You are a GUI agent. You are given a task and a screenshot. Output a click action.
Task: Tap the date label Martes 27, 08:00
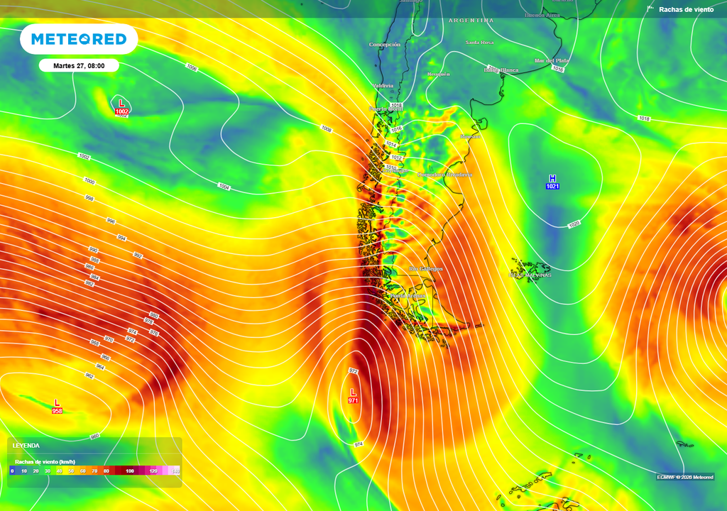tap(79, 65)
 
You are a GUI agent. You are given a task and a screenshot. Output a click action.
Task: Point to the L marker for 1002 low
tap(121, 104)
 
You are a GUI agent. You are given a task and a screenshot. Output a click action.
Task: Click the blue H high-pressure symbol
tap(552, 178)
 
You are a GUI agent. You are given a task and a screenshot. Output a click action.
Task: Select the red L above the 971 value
tap(353, 392)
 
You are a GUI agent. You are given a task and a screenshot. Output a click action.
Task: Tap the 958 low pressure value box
tap(57, 411)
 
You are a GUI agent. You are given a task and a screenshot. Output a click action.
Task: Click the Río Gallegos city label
tap(426, 269)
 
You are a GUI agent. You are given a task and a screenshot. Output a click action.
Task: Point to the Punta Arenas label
tap(408, 295)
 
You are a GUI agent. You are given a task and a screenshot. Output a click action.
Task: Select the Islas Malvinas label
tap(530, 275)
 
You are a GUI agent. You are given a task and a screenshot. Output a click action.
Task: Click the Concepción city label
tap(385, 45)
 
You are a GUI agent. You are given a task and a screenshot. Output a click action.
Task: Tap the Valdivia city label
tap(383, 86)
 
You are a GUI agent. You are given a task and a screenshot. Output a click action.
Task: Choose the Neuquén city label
tap(439, 74)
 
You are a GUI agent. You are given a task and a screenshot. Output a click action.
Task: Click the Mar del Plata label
tap(552, 61)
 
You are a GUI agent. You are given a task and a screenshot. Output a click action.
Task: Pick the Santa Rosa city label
tap(479, 43)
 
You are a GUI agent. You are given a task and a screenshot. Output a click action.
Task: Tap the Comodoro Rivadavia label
tap(444, 174)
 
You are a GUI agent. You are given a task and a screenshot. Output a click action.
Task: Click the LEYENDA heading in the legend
tap(27, 446)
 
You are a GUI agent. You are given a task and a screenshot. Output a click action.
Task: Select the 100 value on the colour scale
tap(130, 471)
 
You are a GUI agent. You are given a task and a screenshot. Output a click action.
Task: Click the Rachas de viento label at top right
tap(686, 9)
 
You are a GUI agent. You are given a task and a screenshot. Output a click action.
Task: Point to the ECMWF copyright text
tap(685, 477)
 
